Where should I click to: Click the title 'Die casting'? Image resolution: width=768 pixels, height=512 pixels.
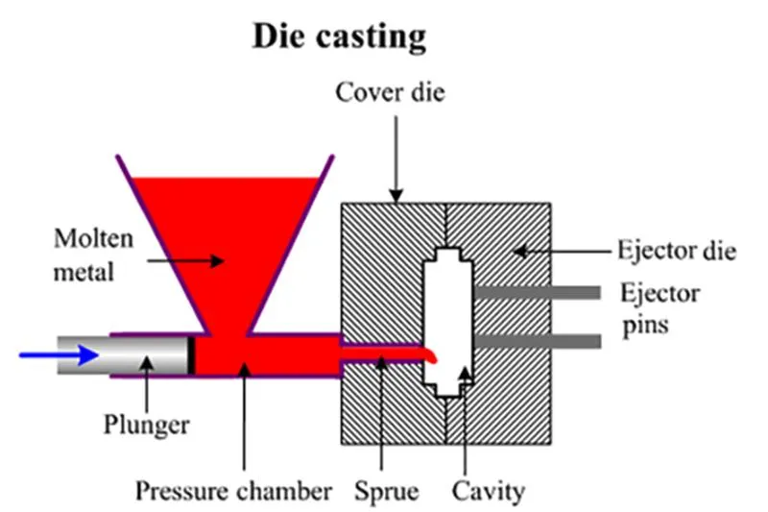[338, 36]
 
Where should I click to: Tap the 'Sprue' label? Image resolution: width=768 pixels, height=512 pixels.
[383, 492]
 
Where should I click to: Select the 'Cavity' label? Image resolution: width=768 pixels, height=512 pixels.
[489, 492]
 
